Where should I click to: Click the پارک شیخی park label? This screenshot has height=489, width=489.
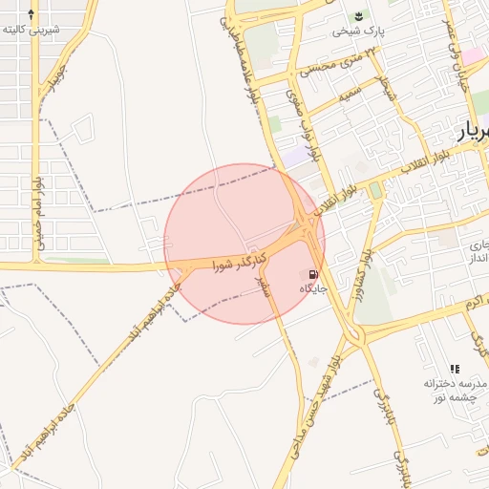click(x=359, y=32)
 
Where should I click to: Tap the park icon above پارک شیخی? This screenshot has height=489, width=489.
click(x=359, y=16)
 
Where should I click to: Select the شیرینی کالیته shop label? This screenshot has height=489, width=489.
click(x=32, y=30)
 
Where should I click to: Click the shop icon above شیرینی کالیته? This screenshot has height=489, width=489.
click(x=32, y=14)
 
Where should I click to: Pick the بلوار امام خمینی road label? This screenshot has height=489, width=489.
click(x=38, y=216)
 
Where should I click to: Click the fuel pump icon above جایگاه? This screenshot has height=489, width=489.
click(x=314, y=274)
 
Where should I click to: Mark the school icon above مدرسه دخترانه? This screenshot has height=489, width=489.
click(x=455, y=369)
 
